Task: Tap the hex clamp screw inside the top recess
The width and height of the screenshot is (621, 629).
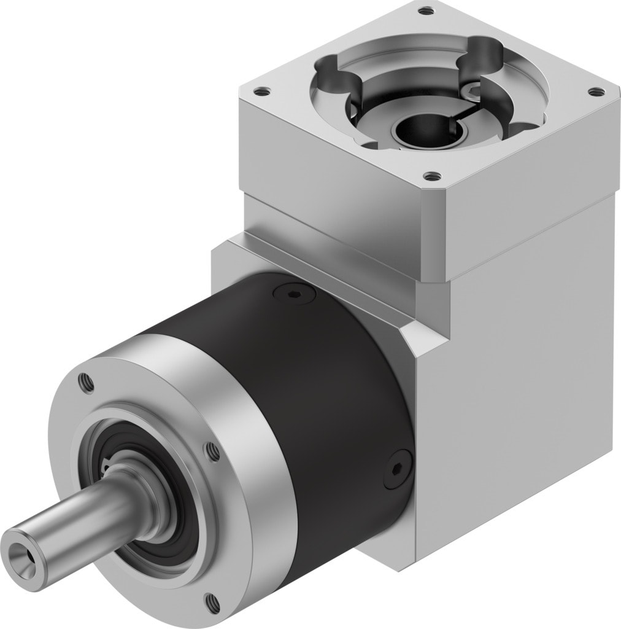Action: [x=473, y=91]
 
